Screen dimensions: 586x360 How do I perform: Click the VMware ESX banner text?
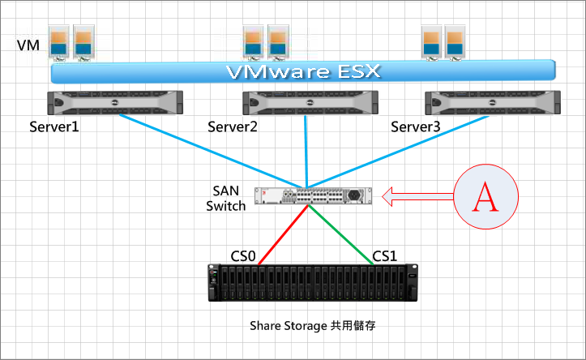point(303,71)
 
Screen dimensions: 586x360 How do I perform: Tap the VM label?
point(28,45)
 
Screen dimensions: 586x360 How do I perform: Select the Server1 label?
point(54,126)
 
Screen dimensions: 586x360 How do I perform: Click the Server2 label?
point(233,126)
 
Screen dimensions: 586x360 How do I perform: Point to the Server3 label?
point(415,126)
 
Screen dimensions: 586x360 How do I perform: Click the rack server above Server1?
point(115,102)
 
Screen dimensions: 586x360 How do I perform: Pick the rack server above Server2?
point(310,102)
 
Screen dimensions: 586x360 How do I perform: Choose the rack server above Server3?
point(493,102)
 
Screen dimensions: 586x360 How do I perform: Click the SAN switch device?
point(313,195)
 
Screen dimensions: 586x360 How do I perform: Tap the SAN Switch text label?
point(226,199)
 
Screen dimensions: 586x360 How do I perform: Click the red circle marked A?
point(485,197)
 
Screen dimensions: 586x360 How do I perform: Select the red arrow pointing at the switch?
point(417,197)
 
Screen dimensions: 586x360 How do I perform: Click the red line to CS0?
point(283,235)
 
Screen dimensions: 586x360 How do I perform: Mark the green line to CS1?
point(340,235)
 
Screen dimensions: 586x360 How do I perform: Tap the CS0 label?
point(243,256)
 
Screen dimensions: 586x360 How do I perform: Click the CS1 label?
point(384,256)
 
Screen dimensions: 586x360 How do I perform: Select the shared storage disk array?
point(313,282)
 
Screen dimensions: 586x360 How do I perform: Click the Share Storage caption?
point(312,326)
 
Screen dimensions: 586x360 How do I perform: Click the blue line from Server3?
point(398,152)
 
